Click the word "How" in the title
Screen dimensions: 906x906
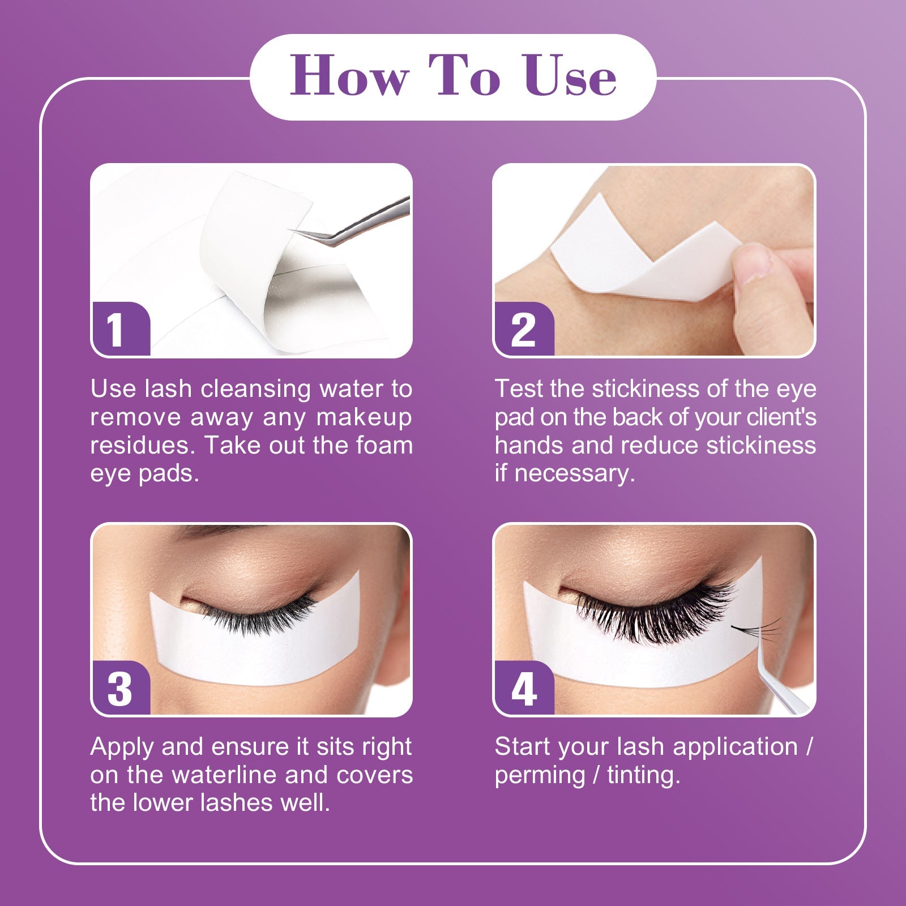[349, 76]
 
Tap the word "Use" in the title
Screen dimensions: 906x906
[570, 76]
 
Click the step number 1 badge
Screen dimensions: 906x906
[121, 329]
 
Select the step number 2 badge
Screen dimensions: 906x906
[523, 329]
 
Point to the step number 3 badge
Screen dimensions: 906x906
[121, 688]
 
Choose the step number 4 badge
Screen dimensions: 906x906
[523, 688]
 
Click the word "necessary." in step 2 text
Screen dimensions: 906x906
[574, 474]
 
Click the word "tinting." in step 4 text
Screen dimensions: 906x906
[643, 775]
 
